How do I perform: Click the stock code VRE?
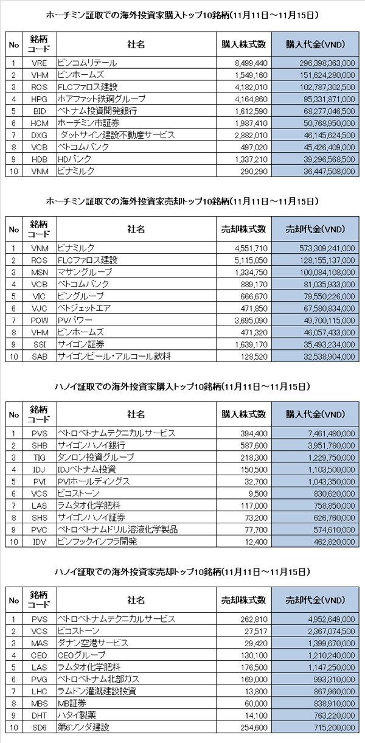(x=39, y=63)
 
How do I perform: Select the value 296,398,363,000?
(x=327, y=63)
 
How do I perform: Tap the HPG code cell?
(x=39, y=99)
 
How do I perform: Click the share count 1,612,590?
(x=251, y=111)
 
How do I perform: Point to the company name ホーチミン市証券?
(x=89, y=123)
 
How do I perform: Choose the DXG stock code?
(x=39, y=135)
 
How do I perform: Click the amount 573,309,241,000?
(x=327, y=248)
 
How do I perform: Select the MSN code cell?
(x=39, y=273)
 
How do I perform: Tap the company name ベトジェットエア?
(x=84, y=308)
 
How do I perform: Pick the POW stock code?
(x=39, y=321)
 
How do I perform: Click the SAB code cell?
(x=39, y=357)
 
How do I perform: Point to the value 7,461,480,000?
(x=332, y=433)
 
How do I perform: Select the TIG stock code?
(x=39, y=458)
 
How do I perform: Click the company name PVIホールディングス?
(x=94, y=481)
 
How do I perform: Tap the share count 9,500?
(x=258, y=494)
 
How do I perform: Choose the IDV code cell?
(x=39, y=542)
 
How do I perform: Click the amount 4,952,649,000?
(x=332, y=619)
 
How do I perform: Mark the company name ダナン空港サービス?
(x=93, y=643)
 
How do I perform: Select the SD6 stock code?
(x=39, y=727)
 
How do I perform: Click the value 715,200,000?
(x=334, y=727)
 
